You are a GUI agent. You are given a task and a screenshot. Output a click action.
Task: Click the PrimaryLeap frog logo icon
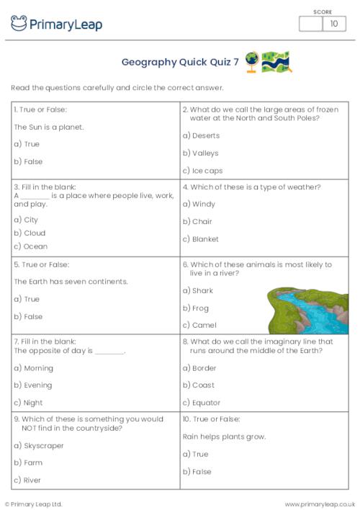coord(19,24)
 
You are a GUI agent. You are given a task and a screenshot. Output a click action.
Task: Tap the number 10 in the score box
coord(333,24)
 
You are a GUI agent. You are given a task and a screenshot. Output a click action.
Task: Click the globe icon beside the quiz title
coord(252,61)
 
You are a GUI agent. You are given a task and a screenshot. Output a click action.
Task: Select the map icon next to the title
coord(276,61)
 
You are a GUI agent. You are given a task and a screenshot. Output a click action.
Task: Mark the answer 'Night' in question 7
coord(32,403)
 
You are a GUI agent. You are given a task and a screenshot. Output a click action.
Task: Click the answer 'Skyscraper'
coord(42,446)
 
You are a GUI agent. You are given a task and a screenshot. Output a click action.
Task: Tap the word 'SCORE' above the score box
coord(323,12)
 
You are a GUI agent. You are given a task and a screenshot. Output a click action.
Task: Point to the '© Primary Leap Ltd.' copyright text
coord(34,504)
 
